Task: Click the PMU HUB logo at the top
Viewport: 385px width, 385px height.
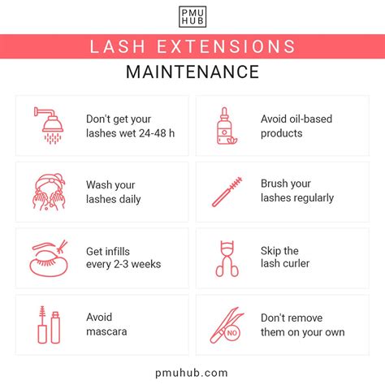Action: (x=192, y=17)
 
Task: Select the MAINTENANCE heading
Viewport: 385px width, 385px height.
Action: (x=192, y=71)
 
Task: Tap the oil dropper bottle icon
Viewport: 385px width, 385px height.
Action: (x=223, y=125)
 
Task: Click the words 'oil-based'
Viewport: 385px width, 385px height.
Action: (x=312, y=119)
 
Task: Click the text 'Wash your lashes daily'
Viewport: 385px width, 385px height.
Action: (x=114, y=192)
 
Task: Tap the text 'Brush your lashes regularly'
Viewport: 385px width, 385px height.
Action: (x=297, y=192)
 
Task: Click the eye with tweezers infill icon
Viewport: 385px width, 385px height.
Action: (x=48, y=257)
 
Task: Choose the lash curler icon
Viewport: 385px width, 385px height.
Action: (x=224, y=257)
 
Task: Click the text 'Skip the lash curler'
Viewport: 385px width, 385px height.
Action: (x=286, y=257)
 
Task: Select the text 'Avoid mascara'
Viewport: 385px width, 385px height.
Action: (x=106, y=324)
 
